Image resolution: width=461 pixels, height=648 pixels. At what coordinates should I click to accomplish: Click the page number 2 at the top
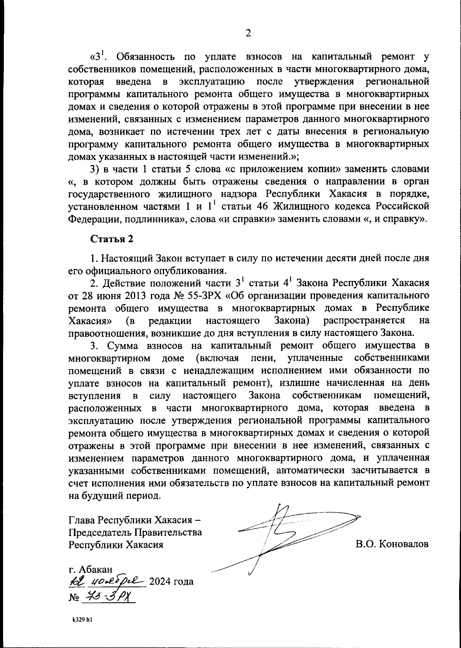(248, 33)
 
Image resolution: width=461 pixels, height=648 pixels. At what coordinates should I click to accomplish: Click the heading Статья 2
(112, 239)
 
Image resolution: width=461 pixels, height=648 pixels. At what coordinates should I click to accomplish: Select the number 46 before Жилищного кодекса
(261, 206)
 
